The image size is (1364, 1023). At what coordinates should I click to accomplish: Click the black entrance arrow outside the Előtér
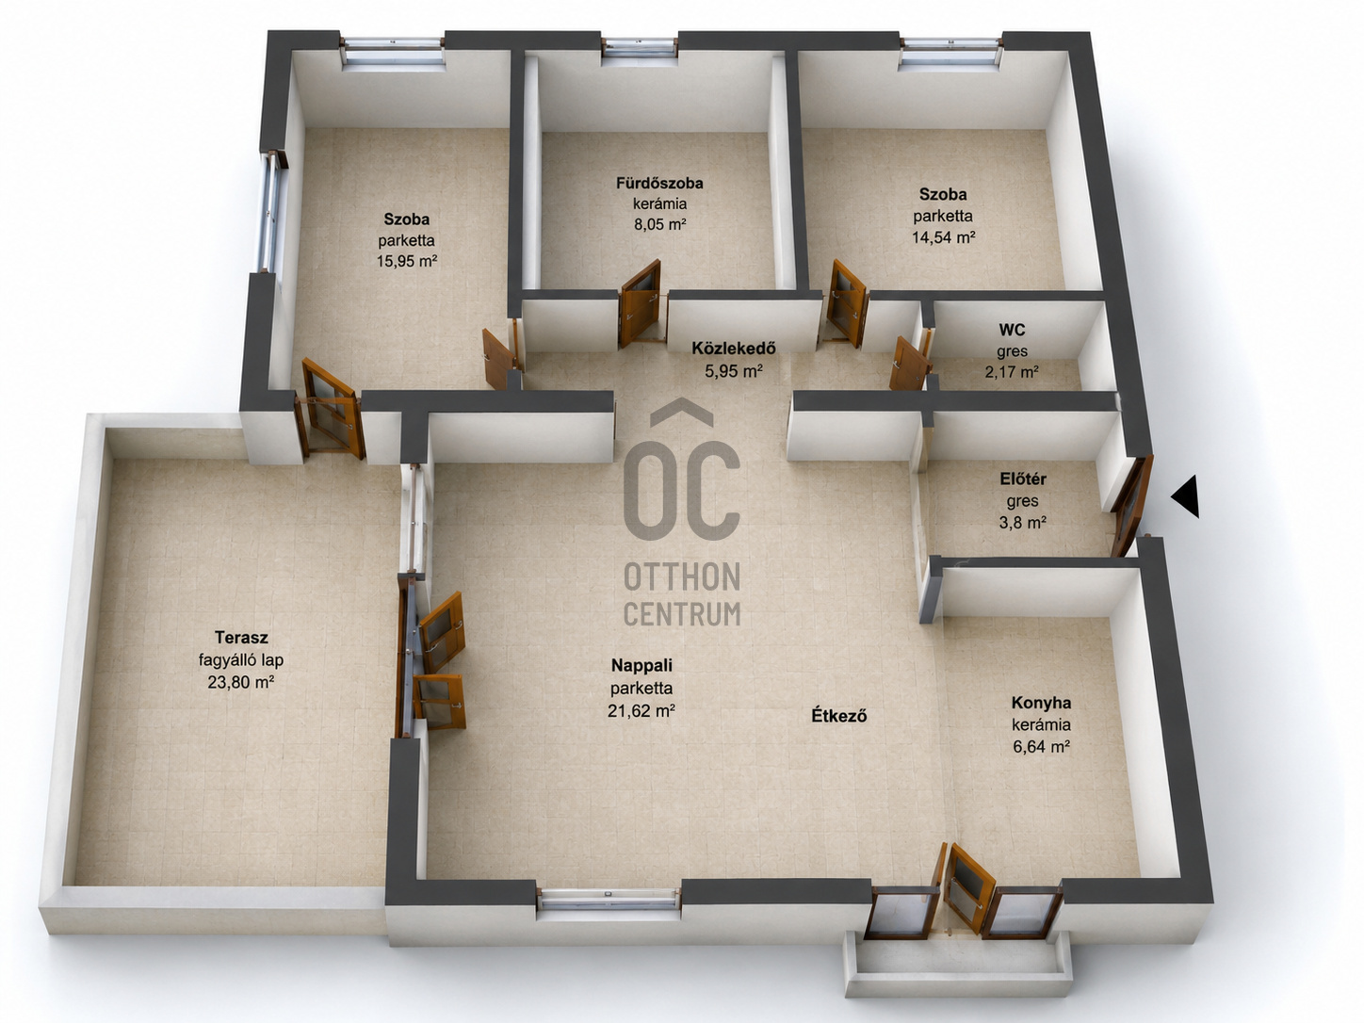coord(1187,496)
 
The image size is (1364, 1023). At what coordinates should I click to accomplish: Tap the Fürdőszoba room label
coord(659,184)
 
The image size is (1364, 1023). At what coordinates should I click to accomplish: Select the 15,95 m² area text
coord(406,261)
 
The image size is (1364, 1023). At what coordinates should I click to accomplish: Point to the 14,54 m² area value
coord(943,236)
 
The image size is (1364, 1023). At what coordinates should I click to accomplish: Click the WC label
coord(1012,329)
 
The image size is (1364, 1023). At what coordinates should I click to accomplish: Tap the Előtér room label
coord(1023,479)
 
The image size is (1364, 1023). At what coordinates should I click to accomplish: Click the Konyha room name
coord(1041,703)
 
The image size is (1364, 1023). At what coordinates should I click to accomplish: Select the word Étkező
coord(839,716)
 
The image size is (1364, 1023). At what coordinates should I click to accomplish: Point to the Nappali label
coord(641,665)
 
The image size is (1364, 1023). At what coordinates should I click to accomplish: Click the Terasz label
coord(241,637)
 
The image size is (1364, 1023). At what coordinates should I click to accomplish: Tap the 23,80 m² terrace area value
coord(241,682)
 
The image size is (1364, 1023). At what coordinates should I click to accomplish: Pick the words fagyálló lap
coord(241,659)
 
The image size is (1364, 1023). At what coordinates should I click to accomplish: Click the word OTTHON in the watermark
coord(682,577)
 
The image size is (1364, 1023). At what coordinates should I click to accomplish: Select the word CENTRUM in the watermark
coord(682,613)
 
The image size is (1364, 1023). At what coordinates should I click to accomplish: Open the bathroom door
coord(641,303)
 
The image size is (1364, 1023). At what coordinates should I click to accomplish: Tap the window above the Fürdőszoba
coord(640,47)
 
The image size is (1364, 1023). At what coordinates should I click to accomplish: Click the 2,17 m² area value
coord(1012,372)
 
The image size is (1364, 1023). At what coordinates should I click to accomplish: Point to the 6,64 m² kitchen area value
coord(1041,746)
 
